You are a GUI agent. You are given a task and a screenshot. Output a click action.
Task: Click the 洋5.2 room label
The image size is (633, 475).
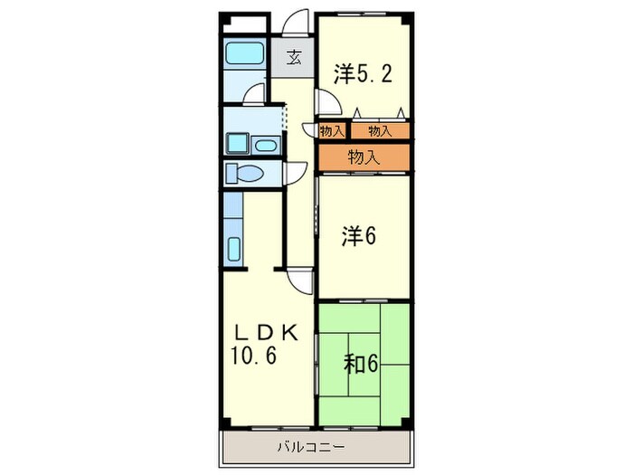point(363,74)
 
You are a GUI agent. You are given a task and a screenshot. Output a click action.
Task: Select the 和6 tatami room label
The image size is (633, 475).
point(361,364)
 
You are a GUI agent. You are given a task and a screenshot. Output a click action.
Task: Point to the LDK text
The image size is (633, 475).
point(267,334)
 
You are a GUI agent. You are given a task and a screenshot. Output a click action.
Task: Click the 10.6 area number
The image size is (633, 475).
point(253,356)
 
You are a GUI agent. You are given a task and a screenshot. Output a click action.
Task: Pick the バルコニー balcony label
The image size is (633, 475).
point(311,447)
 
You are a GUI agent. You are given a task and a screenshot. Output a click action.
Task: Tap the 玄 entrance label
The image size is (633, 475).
point(294,58)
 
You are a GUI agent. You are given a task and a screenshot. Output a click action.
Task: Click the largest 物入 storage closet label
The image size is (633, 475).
point(364,157)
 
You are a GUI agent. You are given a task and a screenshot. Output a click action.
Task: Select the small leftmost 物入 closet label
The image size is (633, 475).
point(332,131)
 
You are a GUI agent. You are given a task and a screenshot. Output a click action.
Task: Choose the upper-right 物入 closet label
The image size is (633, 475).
point(380,131)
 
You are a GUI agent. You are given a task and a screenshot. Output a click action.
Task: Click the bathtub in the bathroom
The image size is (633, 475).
point(243,53)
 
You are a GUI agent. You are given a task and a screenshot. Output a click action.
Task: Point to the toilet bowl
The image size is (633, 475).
point(245,174)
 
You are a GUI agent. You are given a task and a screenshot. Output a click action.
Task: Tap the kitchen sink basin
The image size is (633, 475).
point(234,249)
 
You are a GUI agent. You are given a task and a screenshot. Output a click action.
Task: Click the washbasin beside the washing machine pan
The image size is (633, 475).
point(265,145)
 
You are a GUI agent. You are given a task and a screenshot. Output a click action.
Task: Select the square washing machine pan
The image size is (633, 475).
point(237,143)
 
